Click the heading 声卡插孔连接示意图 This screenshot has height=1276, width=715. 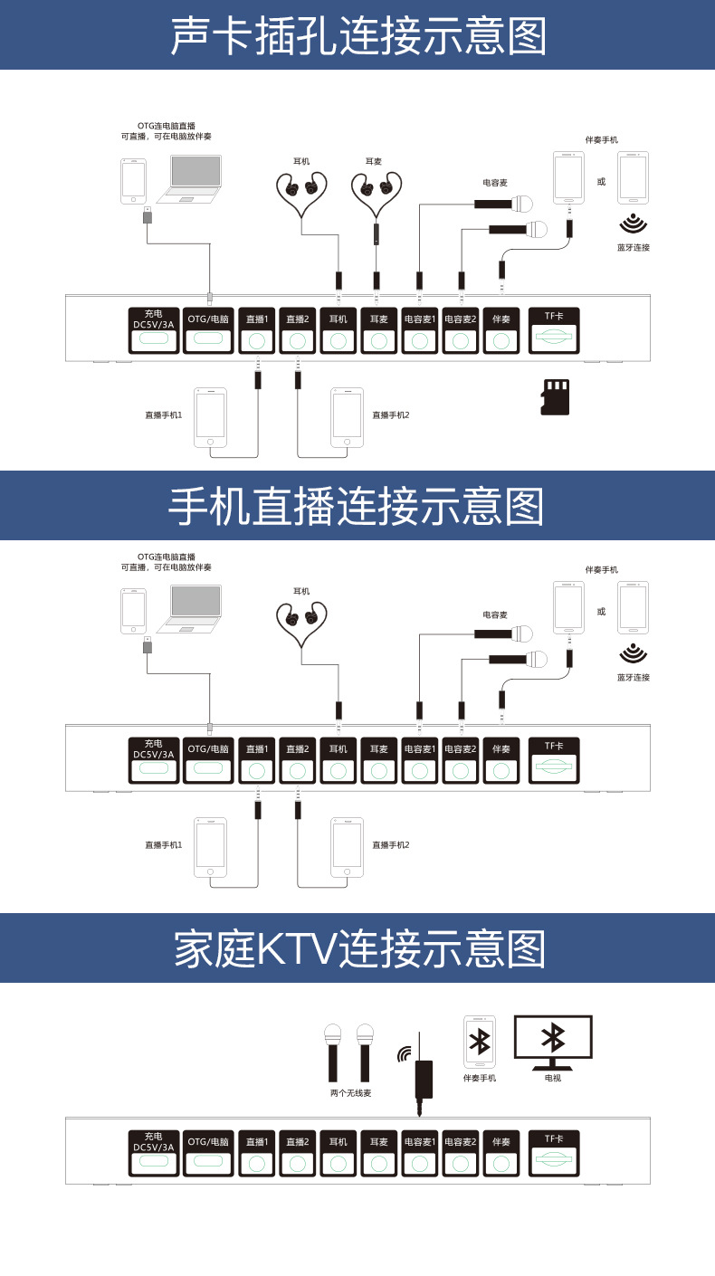[357, 36]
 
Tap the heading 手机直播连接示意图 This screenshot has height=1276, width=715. [357, 507]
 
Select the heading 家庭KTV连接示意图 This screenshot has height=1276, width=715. [357, 949]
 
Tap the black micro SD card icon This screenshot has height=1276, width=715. [555, 397]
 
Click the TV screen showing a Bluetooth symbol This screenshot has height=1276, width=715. [552, 1038]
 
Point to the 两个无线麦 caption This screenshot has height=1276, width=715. [350, 1093]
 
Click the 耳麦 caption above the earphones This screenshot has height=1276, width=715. [374, 161]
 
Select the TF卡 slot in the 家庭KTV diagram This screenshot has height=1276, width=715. [553, 1153]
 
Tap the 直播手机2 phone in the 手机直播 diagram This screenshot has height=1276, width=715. [347, 847]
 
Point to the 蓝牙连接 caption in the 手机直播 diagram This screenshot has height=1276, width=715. [634, 677]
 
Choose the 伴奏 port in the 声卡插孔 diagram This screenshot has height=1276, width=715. [501, 330]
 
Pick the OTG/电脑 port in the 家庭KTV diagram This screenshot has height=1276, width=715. [208, 1153]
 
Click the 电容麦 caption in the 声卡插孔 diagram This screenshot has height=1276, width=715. [494, 183]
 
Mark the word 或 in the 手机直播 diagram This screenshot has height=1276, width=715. [601, 612]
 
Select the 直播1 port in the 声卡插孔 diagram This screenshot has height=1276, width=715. [257, 330]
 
